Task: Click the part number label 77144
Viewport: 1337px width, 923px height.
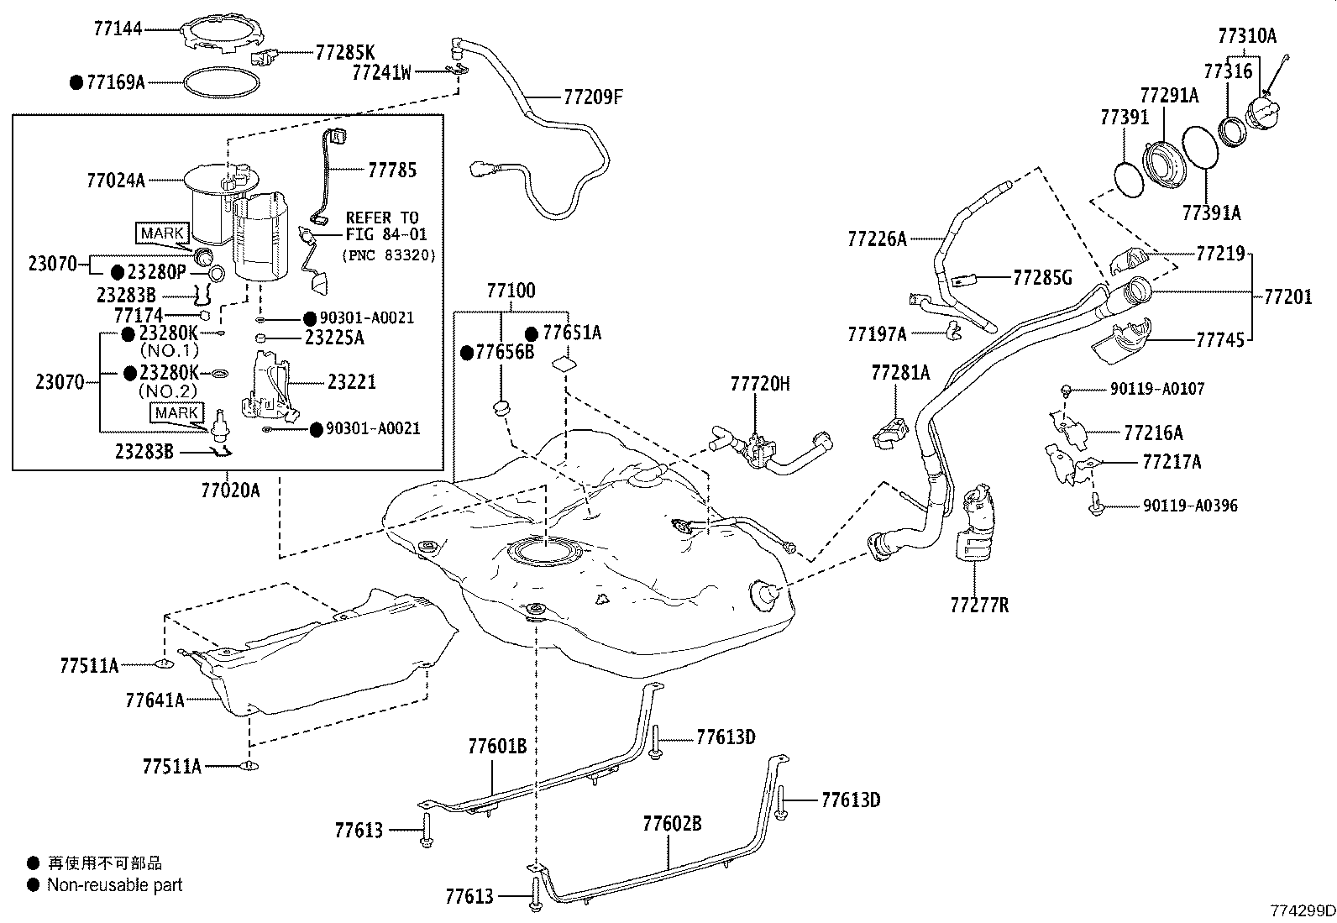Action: click(118, 29)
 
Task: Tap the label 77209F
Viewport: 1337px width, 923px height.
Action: click(592, 97)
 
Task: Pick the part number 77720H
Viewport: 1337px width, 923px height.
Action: click(759, 384)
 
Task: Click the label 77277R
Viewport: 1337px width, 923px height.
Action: click(979, 604)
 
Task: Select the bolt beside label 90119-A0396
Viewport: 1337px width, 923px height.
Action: click(1097, 506)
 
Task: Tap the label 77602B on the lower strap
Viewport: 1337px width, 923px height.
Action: click(672, 824)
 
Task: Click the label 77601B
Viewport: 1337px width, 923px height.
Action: click(496, 746)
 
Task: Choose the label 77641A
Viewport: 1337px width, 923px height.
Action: click(155, 699)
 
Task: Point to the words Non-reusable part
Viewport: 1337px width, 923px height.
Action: click(114, 884)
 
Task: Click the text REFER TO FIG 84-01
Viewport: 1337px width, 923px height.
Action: click(382, 226)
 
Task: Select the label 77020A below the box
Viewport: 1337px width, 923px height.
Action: click(230, 490)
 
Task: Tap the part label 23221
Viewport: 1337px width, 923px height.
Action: click(351, 382)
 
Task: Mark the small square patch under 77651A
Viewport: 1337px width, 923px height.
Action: click(564, 364)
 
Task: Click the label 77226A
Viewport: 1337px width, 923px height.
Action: click(877, 239)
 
